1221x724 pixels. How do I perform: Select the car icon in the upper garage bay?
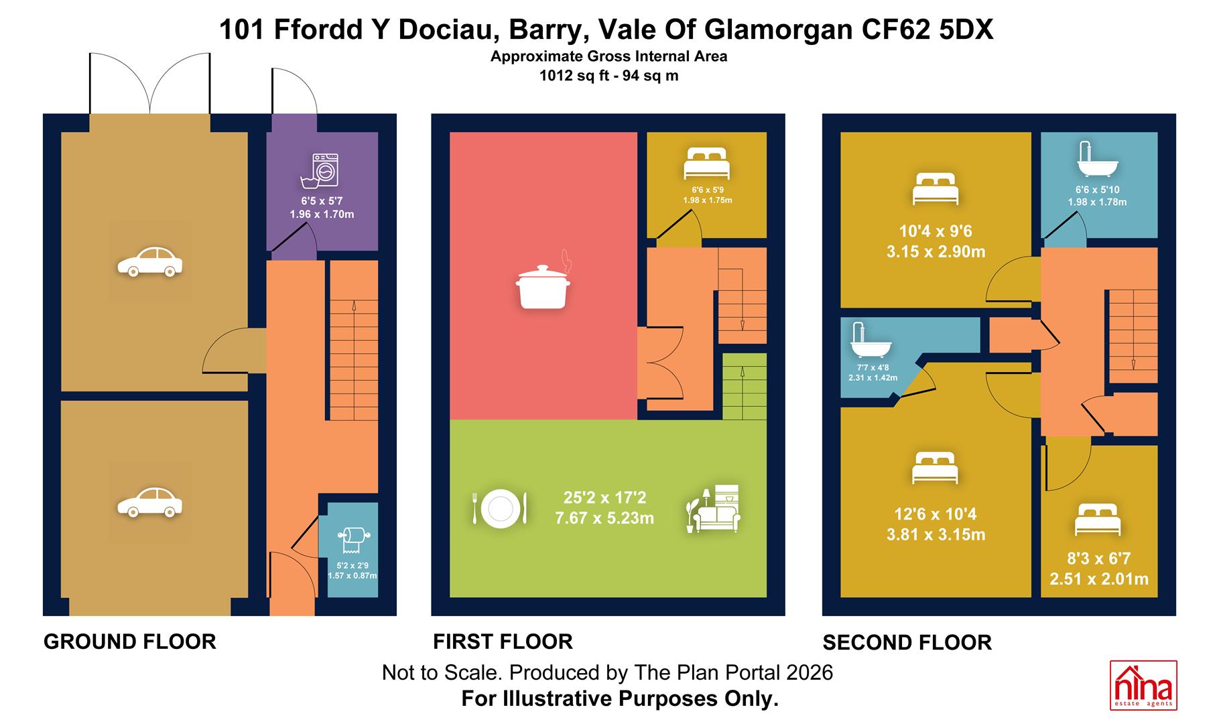(150, 261)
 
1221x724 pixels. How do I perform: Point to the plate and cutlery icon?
(500, 508)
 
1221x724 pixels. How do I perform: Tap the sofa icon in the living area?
(714, 508)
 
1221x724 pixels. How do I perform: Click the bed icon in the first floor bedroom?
(706, 163)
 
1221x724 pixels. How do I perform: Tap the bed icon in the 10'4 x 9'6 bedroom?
(935, 188)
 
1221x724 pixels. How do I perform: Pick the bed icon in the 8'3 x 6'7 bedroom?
(1098, 520)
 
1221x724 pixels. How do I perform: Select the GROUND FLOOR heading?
(130, 642)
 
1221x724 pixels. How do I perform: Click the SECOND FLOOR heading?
(907, 643)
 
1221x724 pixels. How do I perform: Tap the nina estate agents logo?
(1143, 684)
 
